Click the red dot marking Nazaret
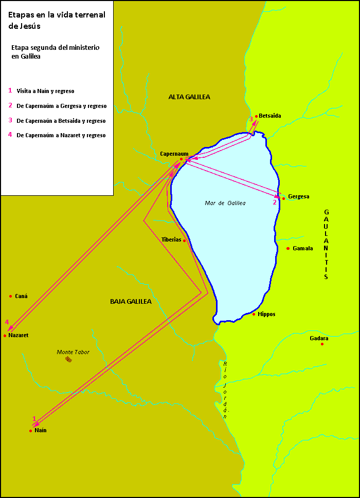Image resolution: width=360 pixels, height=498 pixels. [5, 336]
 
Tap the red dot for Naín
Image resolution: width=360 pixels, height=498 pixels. [30, 431]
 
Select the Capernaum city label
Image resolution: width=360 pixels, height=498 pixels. [174, 154]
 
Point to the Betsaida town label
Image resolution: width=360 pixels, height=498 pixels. [270, 116]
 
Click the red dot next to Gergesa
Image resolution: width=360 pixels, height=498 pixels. [283, 198]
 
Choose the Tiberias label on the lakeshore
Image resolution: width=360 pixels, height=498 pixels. [171, 240]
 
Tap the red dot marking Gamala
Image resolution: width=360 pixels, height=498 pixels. [288, 248]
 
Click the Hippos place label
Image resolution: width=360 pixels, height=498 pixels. [266, 314]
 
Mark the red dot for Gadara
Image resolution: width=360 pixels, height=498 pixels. [322, 344]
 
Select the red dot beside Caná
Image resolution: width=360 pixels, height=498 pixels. [10, 296]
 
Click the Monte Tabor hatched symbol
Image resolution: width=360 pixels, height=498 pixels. [68, 360]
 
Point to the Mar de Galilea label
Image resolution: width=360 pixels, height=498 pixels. [225, 203]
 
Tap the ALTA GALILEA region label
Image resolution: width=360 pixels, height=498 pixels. [189, 97]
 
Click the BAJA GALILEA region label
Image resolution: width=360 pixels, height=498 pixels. [131, 302]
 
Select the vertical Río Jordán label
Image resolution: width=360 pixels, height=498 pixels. [225, 391]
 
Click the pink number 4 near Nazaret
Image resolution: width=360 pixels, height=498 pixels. [7, 322]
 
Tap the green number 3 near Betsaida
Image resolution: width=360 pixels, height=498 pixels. [250, 119]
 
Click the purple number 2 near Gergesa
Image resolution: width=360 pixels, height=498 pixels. [275, 202]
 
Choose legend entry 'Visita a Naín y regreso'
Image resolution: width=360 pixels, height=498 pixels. [45, 91]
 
